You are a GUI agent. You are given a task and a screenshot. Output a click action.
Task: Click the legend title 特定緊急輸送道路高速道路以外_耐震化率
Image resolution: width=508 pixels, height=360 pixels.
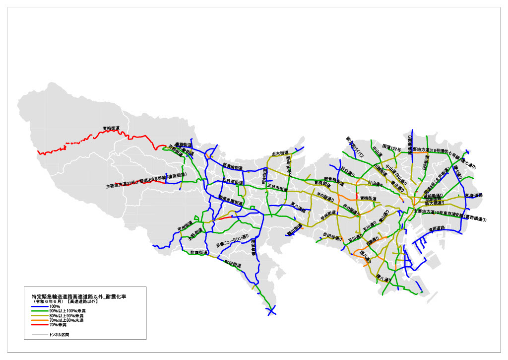78,296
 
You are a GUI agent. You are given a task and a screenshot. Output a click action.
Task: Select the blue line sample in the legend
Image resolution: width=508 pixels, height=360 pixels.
39,307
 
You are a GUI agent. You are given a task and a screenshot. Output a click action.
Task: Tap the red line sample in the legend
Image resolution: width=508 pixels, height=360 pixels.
39,325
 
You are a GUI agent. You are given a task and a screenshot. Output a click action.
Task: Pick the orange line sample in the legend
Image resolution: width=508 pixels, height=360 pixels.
39,320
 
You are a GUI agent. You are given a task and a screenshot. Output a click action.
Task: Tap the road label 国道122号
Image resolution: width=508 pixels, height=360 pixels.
391,147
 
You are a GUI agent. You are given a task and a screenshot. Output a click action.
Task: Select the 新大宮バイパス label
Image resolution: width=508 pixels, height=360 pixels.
355,148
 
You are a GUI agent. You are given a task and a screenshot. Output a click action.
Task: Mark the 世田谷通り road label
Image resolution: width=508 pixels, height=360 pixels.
332,236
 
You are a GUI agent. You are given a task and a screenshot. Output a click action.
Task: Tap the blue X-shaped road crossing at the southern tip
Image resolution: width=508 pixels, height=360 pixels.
271,311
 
